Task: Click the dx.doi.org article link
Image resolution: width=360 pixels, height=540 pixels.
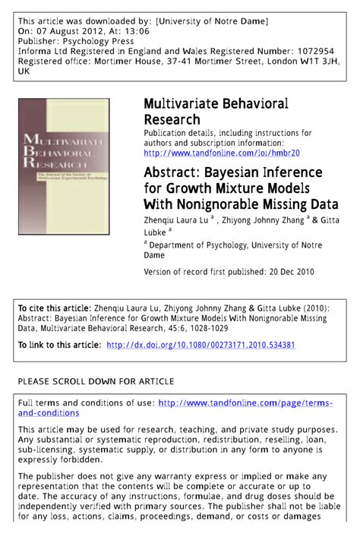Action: pyautogui.click(x=201, y=345)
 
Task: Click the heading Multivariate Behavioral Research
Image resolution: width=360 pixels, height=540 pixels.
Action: pyautogui.click(x=215, y=110)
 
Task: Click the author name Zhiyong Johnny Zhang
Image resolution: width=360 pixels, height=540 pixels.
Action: pyautogui.click(x=263, y=219)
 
